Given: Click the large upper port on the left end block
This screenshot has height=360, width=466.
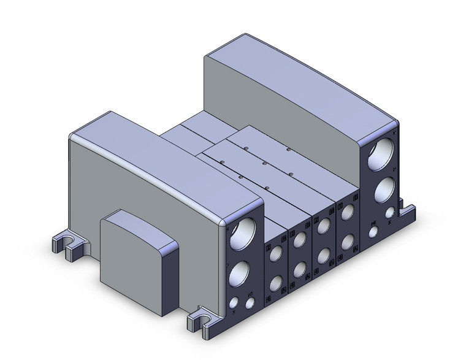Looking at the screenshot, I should (245, 234).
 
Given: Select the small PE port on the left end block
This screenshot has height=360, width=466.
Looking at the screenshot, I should (251, 303).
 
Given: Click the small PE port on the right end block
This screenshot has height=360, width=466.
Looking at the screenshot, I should (373, 232).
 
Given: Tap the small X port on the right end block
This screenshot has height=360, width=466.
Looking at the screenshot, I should (390, 214).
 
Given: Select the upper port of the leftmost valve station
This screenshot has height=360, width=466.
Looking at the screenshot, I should (275, 253).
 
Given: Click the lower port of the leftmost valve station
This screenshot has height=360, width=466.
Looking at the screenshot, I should (275, 283).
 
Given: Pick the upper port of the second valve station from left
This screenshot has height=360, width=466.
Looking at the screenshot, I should (299, 241).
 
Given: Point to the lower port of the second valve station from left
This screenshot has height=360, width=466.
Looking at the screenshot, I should (299, 270).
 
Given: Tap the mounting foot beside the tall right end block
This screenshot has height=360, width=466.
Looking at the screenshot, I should (408, 212).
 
